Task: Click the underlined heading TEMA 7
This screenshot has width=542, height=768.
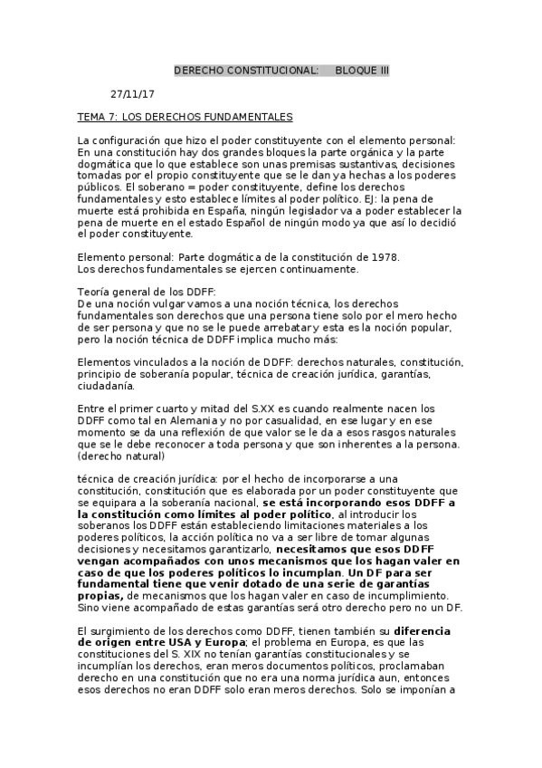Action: (185, 118)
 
